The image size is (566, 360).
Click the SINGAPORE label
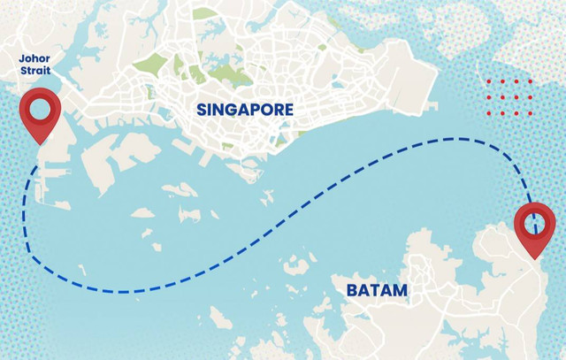pyautogui.click(x=245, y=111)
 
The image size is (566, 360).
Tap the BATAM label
pyautogui.click(x=378, y=290)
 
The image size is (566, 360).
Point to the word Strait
pyautogui.click(x=35, y=72)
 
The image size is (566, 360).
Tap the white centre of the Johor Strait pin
pyautogui.click(x=40, y=109)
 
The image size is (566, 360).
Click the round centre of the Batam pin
pyautogui.click(x=535, y=223)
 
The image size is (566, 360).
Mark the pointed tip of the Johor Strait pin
pyautogui.click(x=40, y=144)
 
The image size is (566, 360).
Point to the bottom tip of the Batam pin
pyautogui.click(x=536, y=258)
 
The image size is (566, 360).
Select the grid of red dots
pyautogui.click(x=509, y=96)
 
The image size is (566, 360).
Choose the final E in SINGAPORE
pyautogui.click(x=288, y=111)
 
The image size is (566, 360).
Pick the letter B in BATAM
pyautogui.click(x=351, y=290)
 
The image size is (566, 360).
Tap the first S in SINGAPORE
pyautogui.click(x=202, y=111)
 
